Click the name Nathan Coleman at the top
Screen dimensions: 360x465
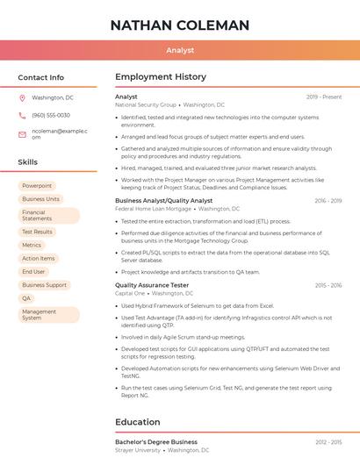click(x=180, y=25)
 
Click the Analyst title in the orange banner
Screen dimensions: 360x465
click(x=180, y=50)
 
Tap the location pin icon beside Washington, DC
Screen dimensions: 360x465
click(x=23, y=97)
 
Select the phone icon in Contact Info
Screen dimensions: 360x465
click(x=23, y=115)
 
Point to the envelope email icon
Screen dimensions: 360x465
click(x=23, y=134)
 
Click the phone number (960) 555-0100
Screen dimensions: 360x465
click(x=51, y=115)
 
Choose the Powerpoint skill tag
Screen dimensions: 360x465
click(x=37, y=186)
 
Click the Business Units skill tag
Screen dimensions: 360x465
click(x=40, y=199)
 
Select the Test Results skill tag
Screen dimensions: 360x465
click(x=38, y=232)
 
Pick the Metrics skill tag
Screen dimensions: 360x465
click(x=32, y=246)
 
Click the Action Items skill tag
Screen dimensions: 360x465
click(x=39, y=259)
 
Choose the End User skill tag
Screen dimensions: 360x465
click(x=33, y=272)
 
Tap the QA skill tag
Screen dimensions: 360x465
click(x=26, y=298)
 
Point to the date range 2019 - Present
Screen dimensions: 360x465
click(x=324, y=97)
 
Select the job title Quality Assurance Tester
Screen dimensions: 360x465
click(x=152, y=285)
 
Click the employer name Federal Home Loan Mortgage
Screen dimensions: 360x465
click(x=153, y=209)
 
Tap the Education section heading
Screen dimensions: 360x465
click(x=138, y=422)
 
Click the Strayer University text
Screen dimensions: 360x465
click(x=138, y=450)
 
